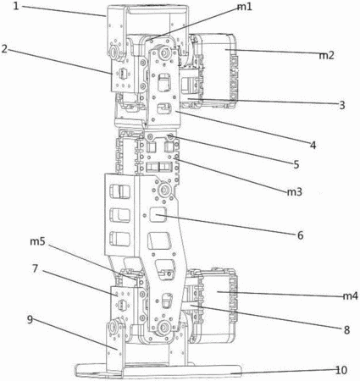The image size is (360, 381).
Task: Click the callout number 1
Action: point(16,6)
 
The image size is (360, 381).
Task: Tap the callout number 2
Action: point(4,48)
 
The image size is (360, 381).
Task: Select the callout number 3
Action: point(342,105)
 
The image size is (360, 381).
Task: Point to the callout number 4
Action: point(313,146)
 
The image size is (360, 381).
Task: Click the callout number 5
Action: point(296,164)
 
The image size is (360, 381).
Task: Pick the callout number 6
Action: point(301,235)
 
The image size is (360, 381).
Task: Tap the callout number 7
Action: point(35,268)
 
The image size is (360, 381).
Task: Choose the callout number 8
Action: point(347,330)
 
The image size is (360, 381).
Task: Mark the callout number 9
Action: point(30,319)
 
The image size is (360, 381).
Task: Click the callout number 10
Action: point(341,370)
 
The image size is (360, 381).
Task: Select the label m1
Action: point(245,7)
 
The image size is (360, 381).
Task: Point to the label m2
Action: point(327,55)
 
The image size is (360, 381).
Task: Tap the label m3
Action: point(295,192)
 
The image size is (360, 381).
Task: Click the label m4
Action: point(350,296)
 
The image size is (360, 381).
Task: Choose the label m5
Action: point(38,241)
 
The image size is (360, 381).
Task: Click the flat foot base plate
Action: point(158,371)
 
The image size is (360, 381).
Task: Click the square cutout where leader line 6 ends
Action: point(158,214)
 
